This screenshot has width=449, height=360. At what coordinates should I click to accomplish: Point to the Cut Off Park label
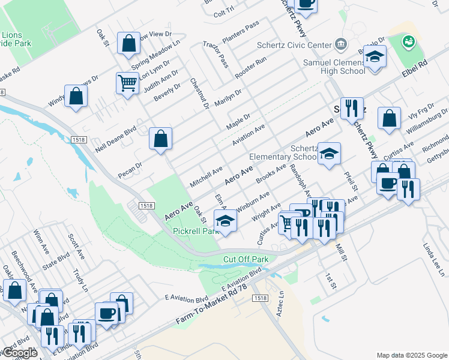click(x=246, y=259)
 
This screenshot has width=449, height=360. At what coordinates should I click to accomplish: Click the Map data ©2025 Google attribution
click(x=411, y=355)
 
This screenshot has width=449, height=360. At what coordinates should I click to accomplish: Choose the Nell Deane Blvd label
click(x=114, y=138)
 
